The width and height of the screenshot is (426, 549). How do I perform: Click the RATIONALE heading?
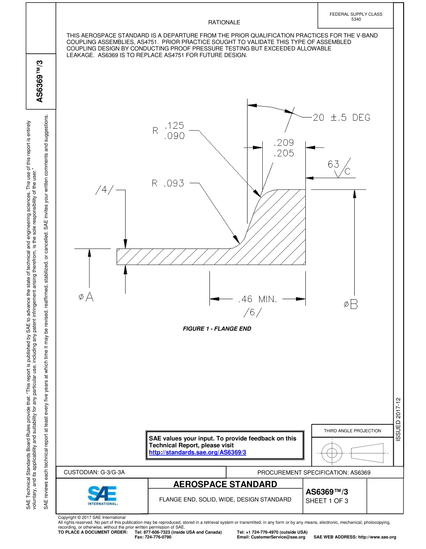point(224,22)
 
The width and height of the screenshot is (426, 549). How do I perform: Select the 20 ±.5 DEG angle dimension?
point(341,118)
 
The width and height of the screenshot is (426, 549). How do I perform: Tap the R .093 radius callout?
point(168,183)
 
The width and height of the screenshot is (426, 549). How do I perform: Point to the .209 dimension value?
point(284,143)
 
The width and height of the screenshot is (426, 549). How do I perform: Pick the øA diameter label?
point(86,297)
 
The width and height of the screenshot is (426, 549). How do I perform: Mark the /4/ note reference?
point(104,190)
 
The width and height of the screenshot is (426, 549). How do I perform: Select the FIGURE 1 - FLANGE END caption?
point(217,329)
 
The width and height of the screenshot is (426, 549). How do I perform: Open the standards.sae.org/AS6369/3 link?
point(197,453)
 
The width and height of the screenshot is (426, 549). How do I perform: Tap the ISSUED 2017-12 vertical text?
point(398,418)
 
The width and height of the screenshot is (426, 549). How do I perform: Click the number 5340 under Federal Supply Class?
point(356,19)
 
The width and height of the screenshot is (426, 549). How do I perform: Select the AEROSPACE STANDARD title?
point(225,484)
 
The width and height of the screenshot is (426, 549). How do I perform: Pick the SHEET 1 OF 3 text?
point(326,501)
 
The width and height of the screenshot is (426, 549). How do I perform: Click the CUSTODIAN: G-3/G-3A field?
point(94,472)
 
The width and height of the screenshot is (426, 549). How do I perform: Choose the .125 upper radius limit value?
point(174,126)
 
